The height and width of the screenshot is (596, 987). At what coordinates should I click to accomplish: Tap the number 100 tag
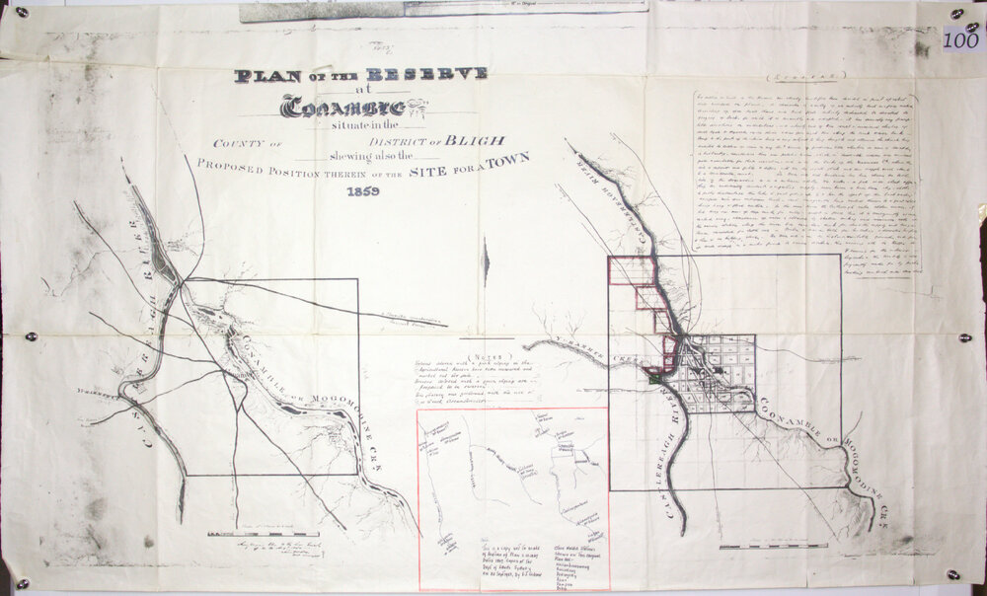[x=960, y=40]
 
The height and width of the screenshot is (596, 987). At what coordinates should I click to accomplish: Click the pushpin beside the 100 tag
[x=955, y=14]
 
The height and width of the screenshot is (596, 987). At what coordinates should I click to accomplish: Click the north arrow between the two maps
[x=484, y=262]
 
